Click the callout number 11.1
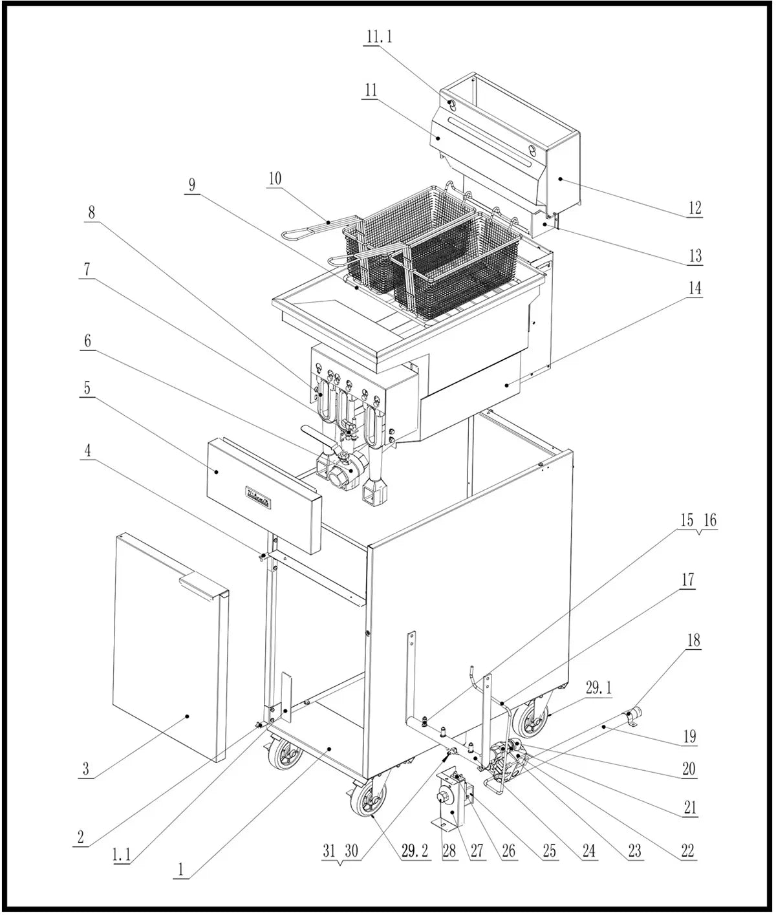(x=379, y=36)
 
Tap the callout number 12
(x=695, y=208)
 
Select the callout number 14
(x=695, y=287)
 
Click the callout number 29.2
(x=415, y=851)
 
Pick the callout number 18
(x=694, y=640)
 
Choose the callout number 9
(x=191, y=184)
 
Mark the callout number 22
(x=687, y=850)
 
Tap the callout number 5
(x=87, y=387)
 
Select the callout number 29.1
(x=598, y=689)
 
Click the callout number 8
(x=91, y=211)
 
